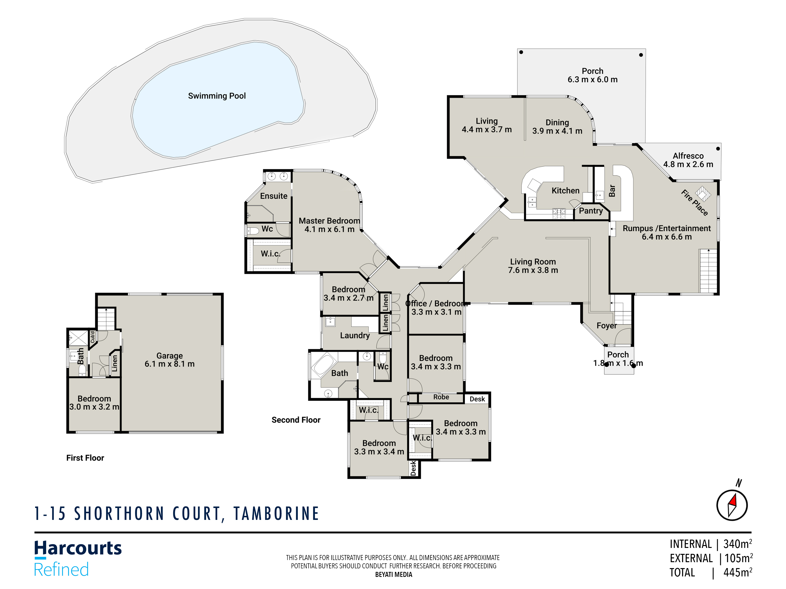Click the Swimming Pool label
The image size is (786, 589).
pyautogui.click(x=217, y=96)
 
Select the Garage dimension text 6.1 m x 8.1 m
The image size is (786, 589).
pyautogui.click(x=169, y=364)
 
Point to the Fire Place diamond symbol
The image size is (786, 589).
pyautogui.click(x=703, y=194)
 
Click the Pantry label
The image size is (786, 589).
pyautogui.click(x=591, y=211)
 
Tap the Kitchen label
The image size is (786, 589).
pyautogui.click(x=565, y=191)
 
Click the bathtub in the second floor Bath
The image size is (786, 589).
pyautogui.click(x=324, y=364)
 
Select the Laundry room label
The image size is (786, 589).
pyautogui.click(x=355, y=336)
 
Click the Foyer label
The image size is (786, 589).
pyautogui.click(x=607, y=326)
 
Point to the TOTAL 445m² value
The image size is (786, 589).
pyautogui.click(x=737, y=573)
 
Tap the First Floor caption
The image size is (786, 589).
pyautogui.click(x=85, y=458)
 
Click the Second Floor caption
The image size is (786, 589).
pyautogui.click(x=296, y=420)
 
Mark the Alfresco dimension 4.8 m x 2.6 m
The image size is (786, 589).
pyautogui.click(x=688, y=164)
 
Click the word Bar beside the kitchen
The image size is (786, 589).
pyautogui.click(x=612, y=191)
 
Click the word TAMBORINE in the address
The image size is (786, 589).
pyautogui.click(x=276, y=514)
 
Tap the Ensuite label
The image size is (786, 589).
pyautogui.click(x=274, y=196)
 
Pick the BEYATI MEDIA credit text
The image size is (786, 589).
pyautogui.click(x=393, y=575)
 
